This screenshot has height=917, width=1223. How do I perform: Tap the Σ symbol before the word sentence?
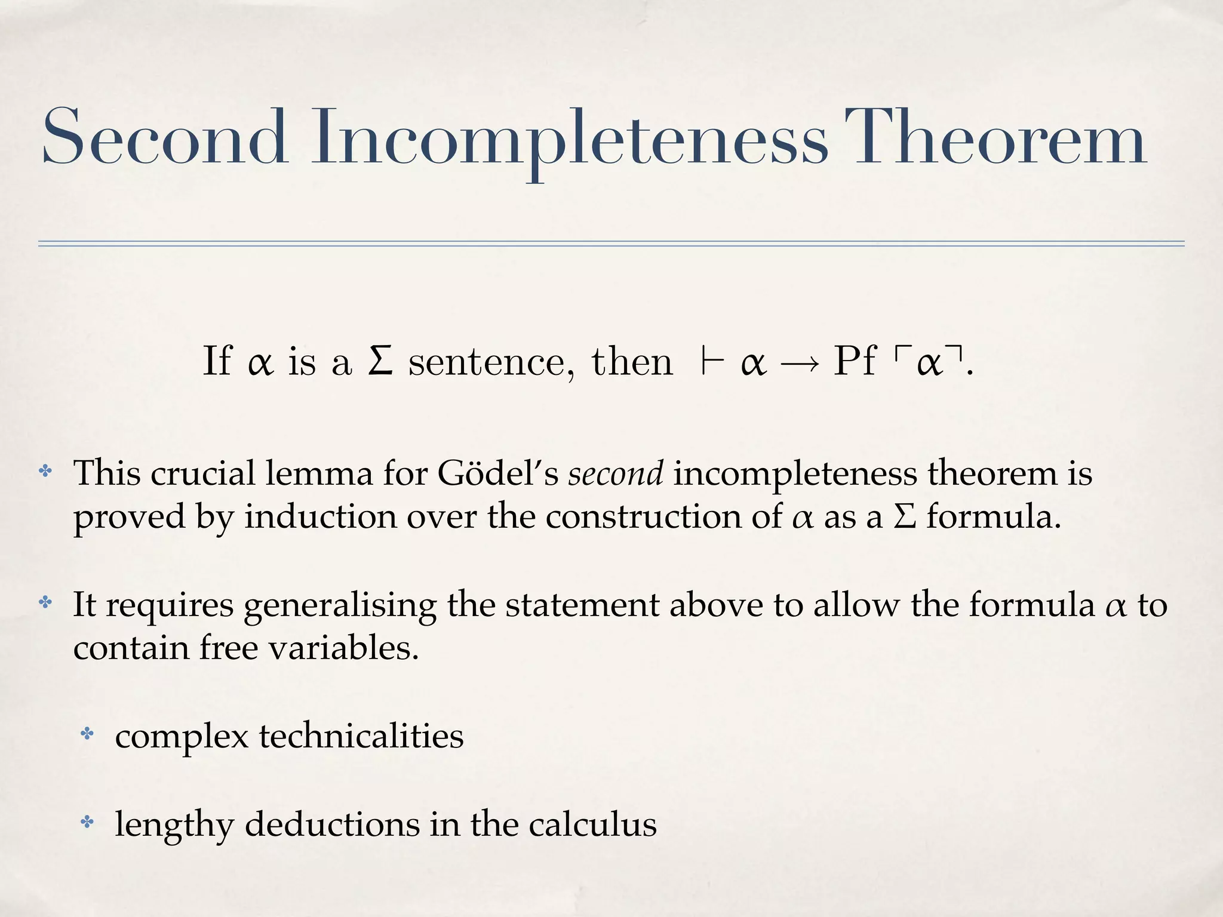coord(380,361)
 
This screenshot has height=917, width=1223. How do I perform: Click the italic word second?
coord(615,473)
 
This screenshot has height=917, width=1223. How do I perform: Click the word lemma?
coord(319,473)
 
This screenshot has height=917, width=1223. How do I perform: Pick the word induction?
coord(321,516)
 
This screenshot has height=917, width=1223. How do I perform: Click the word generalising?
coord(340,606)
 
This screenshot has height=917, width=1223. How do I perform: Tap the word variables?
coord(343,648)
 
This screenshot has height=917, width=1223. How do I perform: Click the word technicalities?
coord(361,736)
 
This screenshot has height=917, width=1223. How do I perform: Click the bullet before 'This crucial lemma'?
coord(45,472)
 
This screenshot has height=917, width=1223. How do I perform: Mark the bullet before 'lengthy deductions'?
coord(87,823)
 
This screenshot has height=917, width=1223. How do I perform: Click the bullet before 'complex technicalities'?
coord(87,734)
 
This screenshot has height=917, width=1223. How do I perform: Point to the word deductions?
coord(332,824)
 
